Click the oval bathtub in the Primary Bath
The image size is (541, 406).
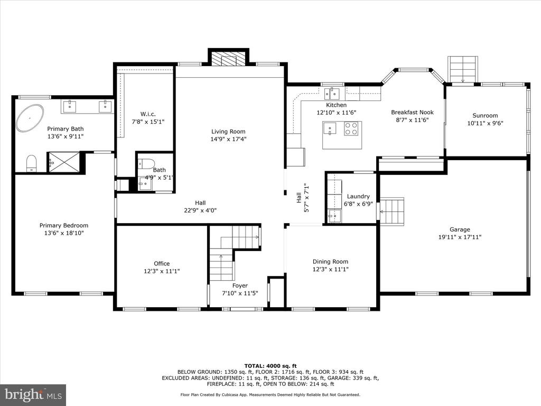click(x=30, y=118)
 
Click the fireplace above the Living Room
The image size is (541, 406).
click(x=228, y=59)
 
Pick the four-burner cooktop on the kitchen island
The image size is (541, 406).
click(x=351, y=129)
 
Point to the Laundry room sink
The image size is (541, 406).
click(x=334, y=216)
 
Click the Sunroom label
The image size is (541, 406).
click(x=485, y=116)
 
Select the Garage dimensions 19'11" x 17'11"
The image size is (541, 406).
click(x=460, y=237)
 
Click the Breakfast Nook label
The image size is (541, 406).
click(x=412, y=112)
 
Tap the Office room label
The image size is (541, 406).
click(x=162, y=263)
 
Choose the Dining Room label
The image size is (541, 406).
click(x=331, y=262)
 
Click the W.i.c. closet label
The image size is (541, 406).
click(x=148, y=114)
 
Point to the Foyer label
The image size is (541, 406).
click(x=240, y=285)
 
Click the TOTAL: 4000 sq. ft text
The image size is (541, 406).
click(x=270, y=366)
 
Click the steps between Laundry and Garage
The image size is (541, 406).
click(x=392, y=211)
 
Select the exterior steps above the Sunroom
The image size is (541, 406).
click(x=463, y=69)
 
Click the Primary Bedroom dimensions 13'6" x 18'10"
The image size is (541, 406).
click(x=64, y=233)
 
